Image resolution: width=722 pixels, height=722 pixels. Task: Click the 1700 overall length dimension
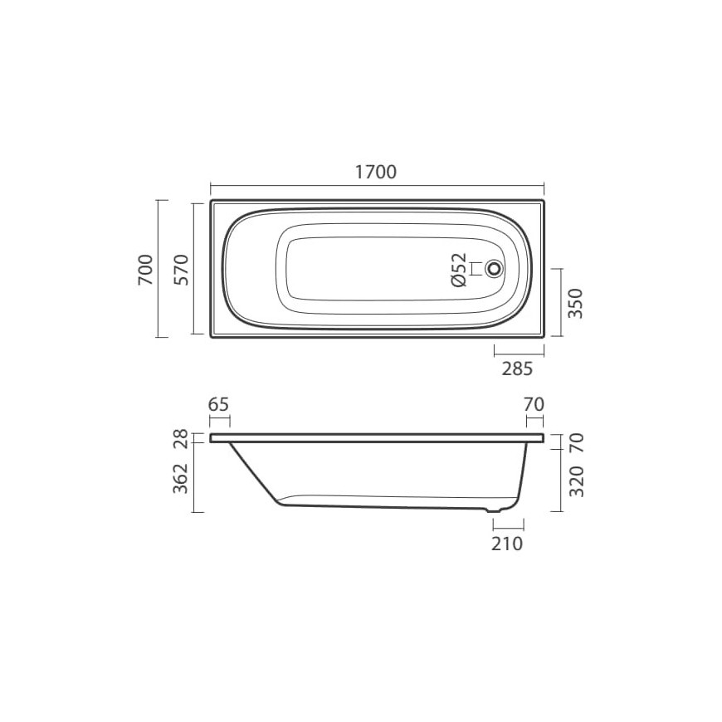[x=376, y=172]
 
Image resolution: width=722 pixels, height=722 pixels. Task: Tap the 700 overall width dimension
[x=145, y=270]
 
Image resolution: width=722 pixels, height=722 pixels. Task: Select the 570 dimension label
[x=182, y=270]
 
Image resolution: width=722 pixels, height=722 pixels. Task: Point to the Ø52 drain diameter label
[x=460, y=270]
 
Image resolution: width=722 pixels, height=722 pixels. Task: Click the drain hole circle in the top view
[x=494, y=268]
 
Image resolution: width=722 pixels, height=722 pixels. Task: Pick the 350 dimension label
[x=576, y=304]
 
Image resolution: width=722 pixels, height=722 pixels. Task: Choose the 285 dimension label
[x=517, y=368]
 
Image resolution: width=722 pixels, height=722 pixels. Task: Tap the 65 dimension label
[x=218, y=405]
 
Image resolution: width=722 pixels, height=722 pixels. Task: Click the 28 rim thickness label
[x=181, y=438]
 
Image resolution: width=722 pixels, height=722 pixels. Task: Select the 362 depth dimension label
[x=181, y=478]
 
